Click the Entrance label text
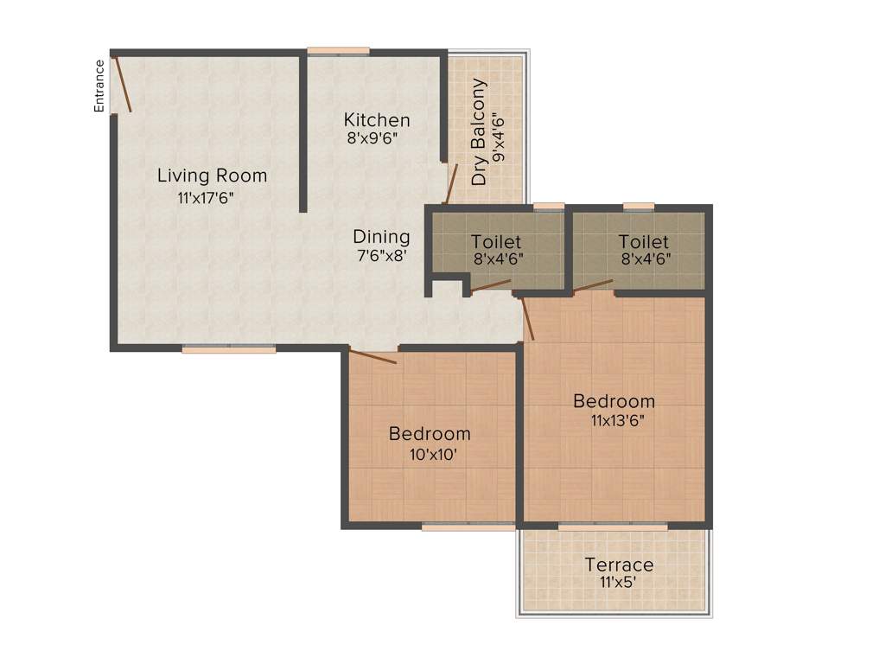[99, 86]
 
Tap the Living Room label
[212, 176]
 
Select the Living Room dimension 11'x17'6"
[206, 198]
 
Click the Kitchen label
[377, 119]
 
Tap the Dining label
[381, 236]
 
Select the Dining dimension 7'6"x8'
[379, 255]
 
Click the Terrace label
[619, 565]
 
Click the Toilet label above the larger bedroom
[644, 241]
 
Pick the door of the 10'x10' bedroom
[372, 356]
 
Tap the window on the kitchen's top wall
[339, 51]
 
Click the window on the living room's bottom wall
[229, 349]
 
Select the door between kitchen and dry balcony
[450, 182]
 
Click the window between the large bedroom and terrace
[612, 526]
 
